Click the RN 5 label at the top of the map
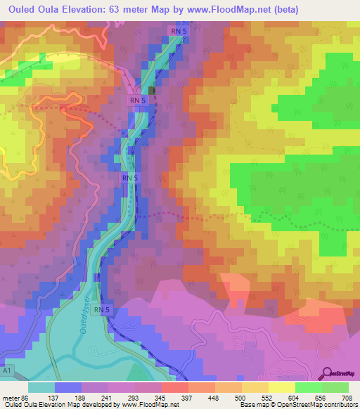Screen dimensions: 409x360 (179, 31)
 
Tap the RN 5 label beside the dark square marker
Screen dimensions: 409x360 (136, 100)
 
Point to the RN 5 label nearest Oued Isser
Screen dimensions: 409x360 (103, 310)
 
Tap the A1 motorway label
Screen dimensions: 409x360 (7, 368)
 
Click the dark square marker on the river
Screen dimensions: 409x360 (153, 90)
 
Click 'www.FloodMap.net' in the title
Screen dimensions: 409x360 (219, 9)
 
